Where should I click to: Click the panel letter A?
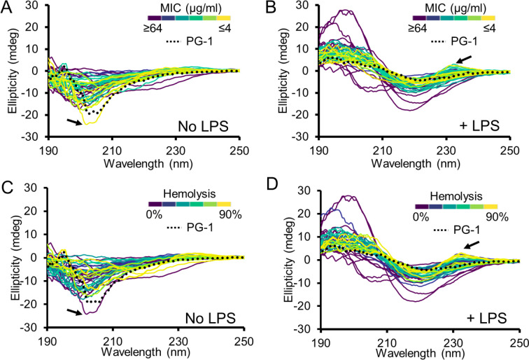7,8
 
